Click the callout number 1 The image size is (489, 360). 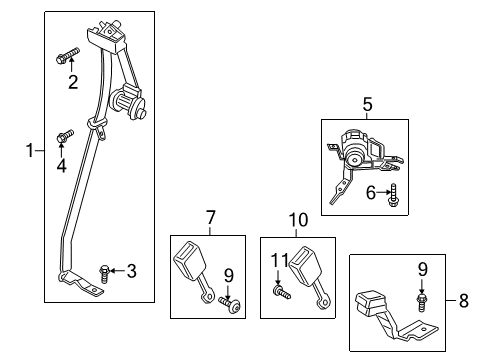tap(30, 152)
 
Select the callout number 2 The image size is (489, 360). tap(72, 83)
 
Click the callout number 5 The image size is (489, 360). tap(367, 102)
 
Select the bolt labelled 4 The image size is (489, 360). tap(66, 136)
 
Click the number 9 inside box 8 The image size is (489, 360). tap(422, 267)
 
